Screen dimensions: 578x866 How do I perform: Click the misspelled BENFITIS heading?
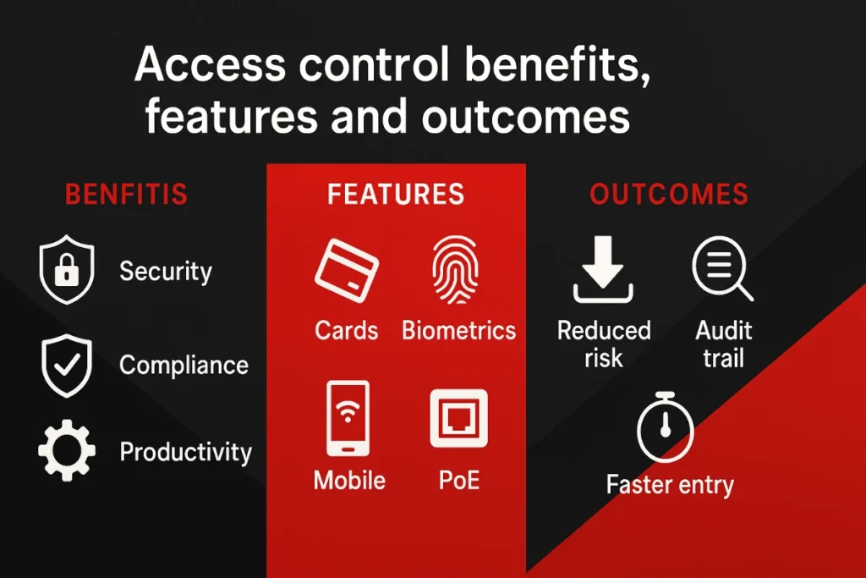click(126, 194)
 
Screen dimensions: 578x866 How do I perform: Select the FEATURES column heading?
click(396, 194)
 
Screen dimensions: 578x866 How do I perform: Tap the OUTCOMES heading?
click(668, 194)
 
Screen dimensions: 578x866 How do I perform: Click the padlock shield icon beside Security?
click(67, 271)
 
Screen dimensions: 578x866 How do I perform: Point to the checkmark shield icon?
click(67, 366)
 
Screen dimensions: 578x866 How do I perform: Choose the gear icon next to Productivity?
click(67, 452)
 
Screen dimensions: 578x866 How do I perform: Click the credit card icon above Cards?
click(347, 272)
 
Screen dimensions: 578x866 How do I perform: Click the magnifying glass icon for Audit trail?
click(721, 270)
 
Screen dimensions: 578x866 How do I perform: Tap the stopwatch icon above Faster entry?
click(666, 428)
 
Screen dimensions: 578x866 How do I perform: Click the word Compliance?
click(184, 366)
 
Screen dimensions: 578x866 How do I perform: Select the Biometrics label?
click(458, 330)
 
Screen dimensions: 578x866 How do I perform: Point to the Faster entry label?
click(670, 485)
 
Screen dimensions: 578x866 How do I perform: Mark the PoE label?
click(459, 481)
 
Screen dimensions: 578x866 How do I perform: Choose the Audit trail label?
click(723, 344)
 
